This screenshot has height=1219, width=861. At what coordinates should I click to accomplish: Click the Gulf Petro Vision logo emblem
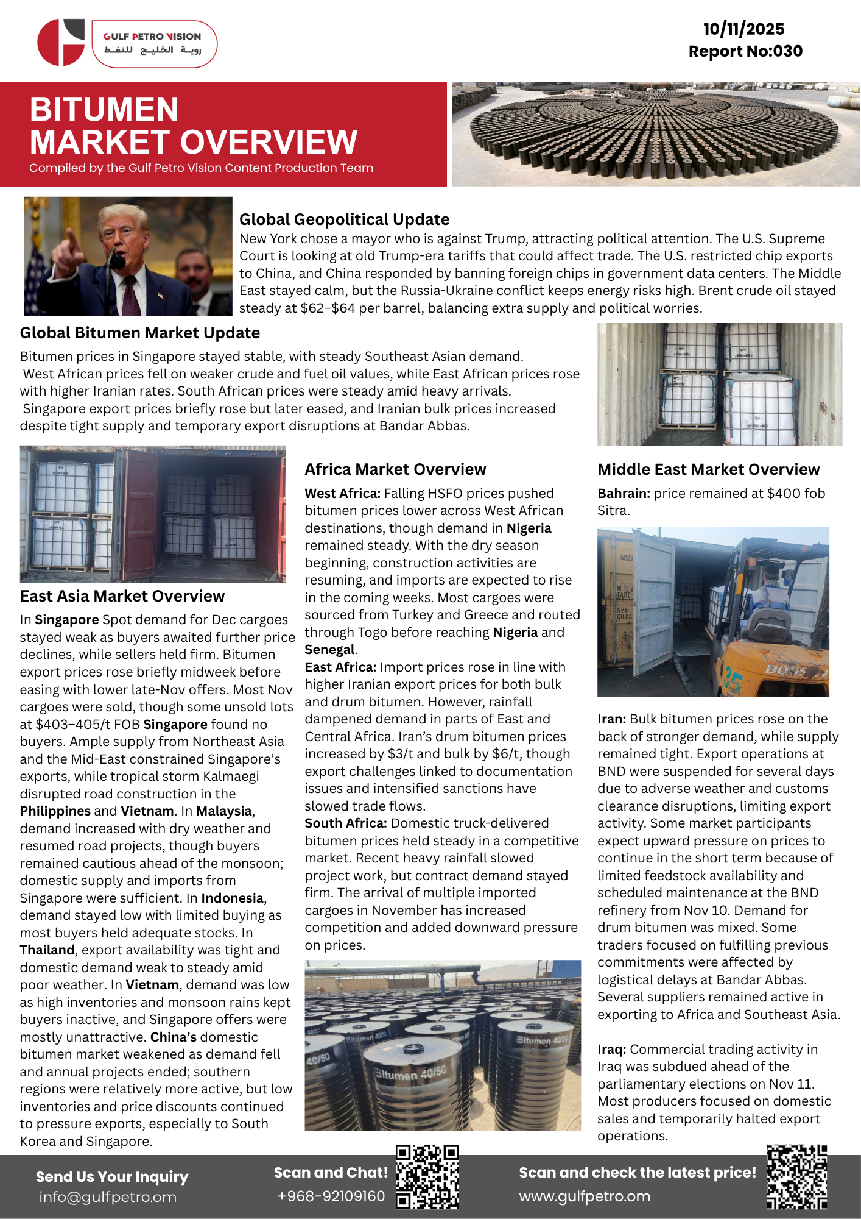click(61, 42)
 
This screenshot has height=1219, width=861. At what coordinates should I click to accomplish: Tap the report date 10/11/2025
click(743, 29)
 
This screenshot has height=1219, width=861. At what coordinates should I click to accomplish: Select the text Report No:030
click(745, 51)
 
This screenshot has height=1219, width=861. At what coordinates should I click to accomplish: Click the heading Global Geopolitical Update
click(344, 219)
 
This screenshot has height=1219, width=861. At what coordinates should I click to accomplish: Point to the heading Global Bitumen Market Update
click(140, 333)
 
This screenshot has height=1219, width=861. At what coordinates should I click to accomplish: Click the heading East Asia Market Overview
click(122, 596)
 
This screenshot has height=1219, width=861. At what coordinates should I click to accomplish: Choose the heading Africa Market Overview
click(395, 469)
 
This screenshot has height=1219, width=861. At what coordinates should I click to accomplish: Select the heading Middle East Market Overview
click(708, 469)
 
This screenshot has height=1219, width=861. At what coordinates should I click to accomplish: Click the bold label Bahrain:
click(624, 494)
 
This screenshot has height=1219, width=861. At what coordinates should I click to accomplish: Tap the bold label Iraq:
click(611, 1050)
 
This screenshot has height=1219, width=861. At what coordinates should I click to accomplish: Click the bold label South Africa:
click(345, 823)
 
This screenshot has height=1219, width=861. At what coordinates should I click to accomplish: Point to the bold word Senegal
click(329, 650)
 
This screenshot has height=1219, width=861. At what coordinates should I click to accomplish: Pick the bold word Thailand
click(47, 950)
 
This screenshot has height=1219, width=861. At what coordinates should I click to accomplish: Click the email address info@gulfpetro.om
click(108, 1197)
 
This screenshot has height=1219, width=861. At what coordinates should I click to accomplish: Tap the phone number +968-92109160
click(331, 1196)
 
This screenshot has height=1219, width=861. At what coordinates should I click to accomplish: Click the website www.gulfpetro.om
click(585, 1196)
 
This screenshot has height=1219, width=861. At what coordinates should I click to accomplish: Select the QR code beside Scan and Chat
click(427, 1176)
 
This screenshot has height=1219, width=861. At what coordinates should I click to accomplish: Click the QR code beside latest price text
click(796, 1177)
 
